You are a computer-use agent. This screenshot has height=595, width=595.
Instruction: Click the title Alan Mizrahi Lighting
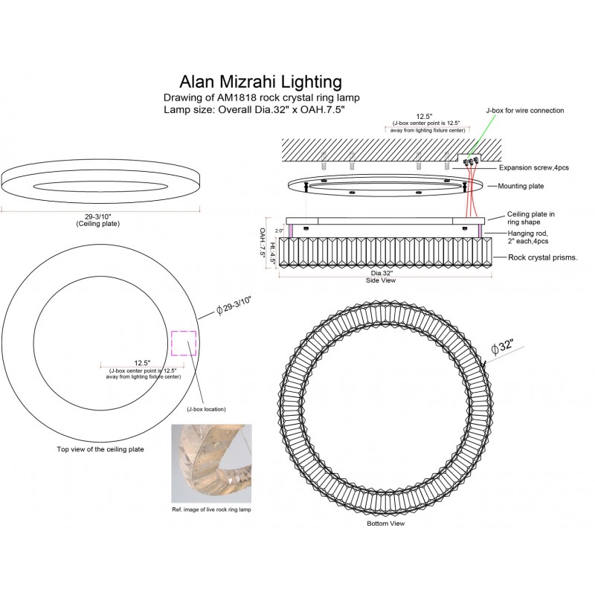[x=260, y=81]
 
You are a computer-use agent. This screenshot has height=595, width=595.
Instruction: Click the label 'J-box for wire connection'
[x=524, y=110]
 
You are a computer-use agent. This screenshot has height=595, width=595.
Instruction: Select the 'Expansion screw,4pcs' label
[x=534, y=168]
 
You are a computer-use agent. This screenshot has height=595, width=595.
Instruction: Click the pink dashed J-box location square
[x=184, y=343]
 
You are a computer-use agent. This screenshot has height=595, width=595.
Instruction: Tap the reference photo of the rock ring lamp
[x=212, y=463]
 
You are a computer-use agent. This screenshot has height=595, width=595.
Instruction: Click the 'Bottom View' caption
[x=386, y=524]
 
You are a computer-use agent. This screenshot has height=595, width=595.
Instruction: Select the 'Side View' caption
[x=380, y=282]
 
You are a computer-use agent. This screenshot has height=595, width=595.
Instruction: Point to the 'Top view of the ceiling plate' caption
[x=100, y=449]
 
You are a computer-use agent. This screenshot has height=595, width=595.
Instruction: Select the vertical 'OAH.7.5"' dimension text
[x=263, y=242]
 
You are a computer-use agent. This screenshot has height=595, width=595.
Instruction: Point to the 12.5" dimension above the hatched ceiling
[x=425, y=116]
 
